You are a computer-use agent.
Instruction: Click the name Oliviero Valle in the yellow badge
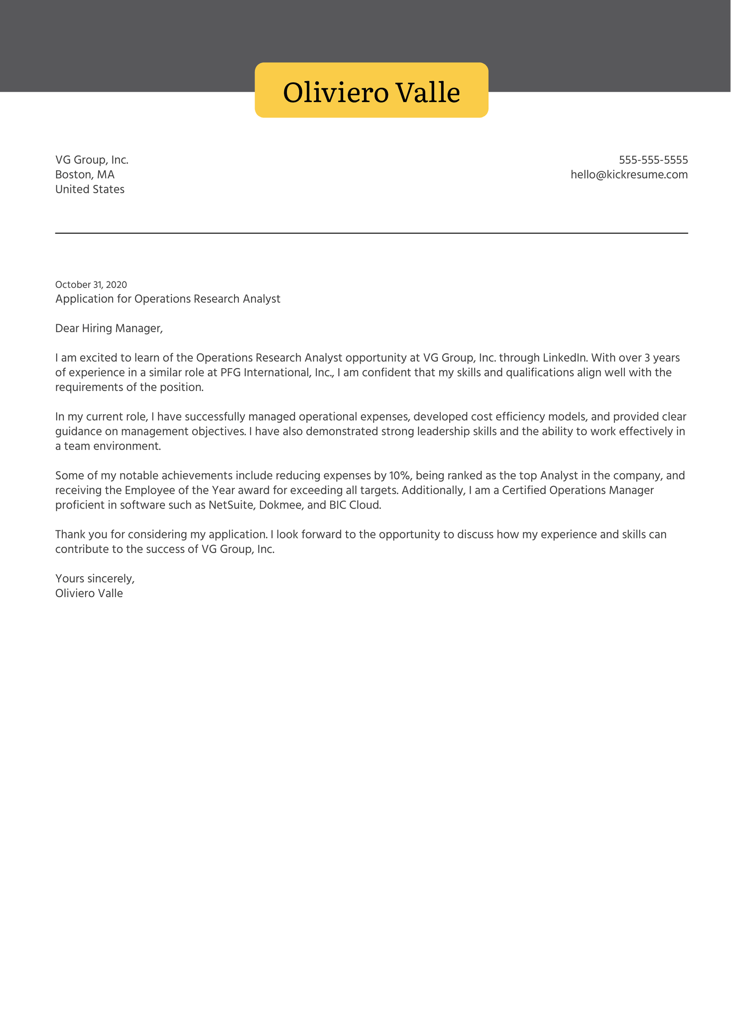[371, 93]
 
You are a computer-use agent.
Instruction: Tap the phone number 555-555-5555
[653, 160]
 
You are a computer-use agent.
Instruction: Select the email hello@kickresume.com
[629, 175]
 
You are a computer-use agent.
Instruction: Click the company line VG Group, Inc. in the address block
[92, 160]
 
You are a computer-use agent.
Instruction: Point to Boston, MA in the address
[85, 175]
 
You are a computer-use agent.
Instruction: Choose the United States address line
[90, 189]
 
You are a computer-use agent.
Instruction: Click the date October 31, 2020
[91, 285]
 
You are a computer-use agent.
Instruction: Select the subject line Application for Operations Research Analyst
[167, 299]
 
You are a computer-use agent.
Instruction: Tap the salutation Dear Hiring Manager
[109, 328]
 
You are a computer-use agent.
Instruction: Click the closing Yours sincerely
[95, 579]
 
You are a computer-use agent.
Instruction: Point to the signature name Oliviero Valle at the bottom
[89, 593]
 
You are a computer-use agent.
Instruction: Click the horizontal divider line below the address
[371, 233]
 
